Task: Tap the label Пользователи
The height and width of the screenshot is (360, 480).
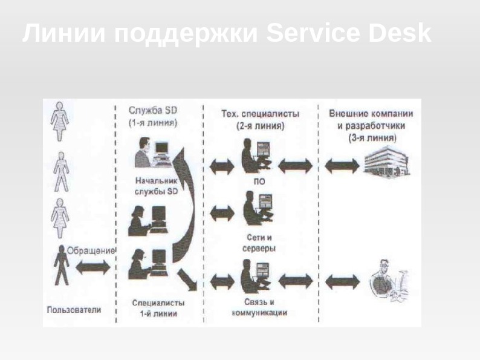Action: click(x=74, y=310)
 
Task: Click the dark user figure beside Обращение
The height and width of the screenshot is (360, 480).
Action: click(x=60, y=265)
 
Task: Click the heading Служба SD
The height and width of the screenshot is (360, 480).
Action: click(x=153, y=111)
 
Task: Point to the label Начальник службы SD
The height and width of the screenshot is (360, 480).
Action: click(x=157, y=186)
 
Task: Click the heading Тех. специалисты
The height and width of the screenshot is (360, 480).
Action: click(x=259, y=113)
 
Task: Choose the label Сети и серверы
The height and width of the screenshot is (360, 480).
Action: click(x=260, y=243)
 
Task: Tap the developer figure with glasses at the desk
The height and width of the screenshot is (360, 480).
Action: click(x=387, y=280)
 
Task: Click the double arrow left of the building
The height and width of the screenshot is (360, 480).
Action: click(x=342, y=164)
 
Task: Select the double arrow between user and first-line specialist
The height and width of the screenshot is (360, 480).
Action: click(x=93, y=266)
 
